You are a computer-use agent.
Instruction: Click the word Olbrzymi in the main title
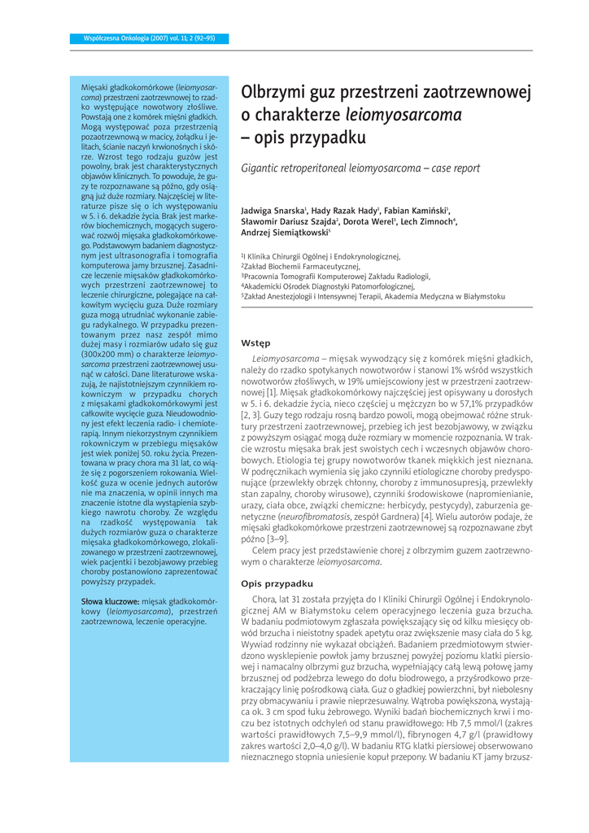272,91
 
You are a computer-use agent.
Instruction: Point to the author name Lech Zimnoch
427,221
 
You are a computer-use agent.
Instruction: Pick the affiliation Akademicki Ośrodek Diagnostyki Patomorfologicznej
329,286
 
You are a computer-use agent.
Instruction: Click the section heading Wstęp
257,343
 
